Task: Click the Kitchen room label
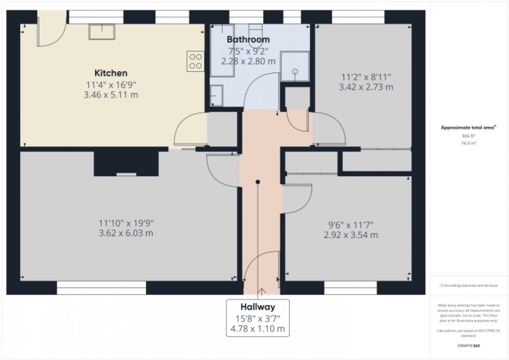(x=110, y=73)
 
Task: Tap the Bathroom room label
(x=248, y=39)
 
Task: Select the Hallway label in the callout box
(x=257, y=306)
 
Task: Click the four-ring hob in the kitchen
(x=196, y=61)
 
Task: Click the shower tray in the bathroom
(x=294, y=66)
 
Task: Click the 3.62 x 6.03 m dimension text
(x=126, y=233)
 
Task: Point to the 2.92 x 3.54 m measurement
(x=347, y=235)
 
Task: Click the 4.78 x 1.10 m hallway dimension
(x=257, y=329)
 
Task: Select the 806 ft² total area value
(x=468, y=136)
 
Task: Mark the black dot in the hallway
(x=257, y=182)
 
